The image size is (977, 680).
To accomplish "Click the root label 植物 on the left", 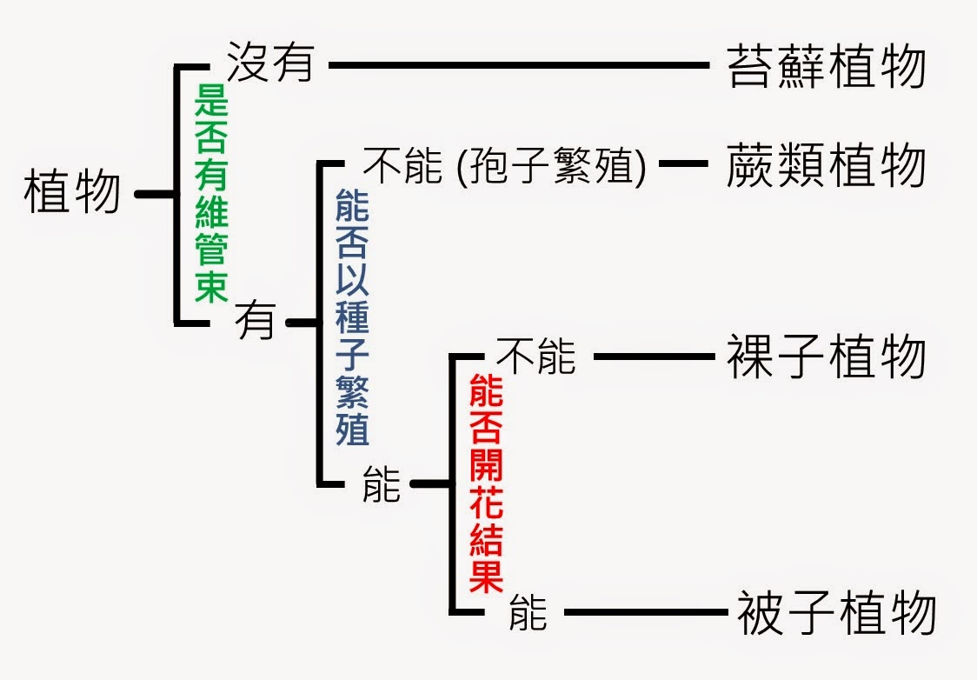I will click(x=72, y=193).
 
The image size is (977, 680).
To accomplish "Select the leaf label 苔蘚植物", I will click(x=826, y=67).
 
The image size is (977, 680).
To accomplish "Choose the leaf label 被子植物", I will click(x=835, y=613).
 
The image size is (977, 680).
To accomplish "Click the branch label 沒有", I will click(x=269, y=63).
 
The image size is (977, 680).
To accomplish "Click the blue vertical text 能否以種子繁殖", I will click(x=352, y=317).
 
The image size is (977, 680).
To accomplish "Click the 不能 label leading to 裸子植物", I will click(x=535, y=356).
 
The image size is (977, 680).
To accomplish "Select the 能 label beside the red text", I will click(x=382, y=484).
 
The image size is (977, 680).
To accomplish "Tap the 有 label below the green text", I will click(x=255, y=323).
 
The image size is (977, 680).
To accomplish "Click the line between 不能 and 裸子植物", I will click(x=652, y=356).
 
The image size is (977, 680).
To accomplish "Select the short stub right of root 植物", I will click(x=155, y=194).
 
